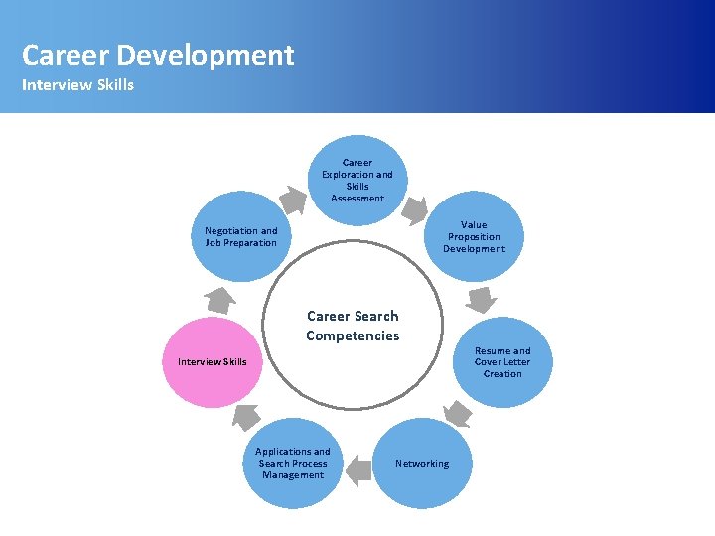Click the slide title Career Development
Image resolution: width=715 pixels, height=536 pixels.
click(158, 55)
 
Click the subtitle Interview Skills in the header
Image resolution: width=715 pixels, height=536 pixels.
click(77, 84)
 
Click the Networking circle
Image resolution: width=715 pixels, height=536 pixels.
click(421, 464)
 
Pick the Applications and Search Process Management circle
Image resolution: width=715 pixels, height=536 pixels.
click(293, 464)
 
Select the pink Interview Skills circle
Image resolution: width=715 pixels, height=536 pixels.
click(212, 362)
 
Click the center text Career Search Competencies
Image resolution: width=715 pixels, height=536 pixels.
click(353, 326)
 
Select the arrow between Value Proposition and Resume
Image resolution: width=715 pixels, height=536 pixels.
click(483, 298)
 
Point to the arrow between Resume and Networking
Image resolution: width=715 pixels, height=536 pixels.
click(457, 413)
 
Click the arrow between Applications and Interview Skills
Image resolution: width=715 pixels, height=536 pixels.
click(247, 417)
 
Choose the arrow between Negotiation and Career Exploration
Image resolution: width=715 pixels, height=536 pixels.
click(292, 200)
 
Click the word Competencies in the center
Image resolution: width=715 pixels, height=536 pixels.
click(353, 335)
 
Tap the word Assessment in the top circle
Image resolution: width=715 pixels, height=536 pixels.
click(357, 199)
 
